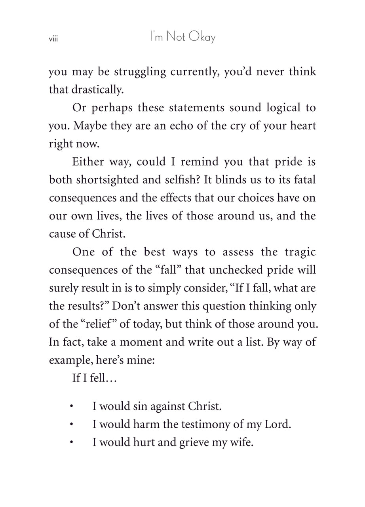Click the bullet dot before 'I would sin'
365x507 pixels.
coord(71,407)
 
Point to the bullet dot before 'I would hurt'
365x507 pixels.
coord(71,442)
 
